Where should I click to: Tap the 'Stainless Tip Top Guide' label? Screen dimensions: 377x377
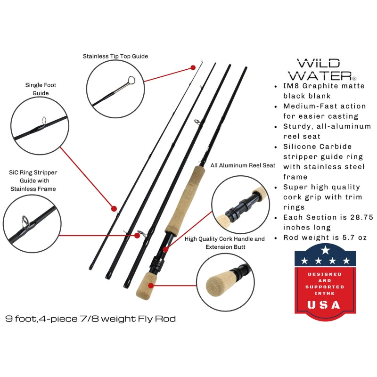115,56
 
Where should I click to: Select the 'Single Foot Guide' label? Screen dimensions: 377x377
37,89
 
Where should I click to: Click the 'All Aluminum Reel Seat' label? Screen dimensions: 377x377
243,166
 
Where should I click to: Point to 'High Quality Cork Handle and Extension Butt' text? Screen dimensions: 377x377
225,243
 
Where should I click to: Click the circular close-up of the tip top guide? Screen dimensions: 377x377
115,88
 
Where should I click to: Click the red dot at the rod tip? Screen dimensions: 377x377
193,67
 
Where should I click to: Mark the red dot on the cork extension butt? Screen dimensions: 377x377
151,285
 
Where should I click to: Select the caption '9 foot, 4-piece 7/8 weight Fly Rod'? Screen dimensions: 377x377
90,319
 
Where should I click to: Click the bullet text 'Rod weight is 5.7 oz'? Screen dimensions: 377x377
325,238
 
